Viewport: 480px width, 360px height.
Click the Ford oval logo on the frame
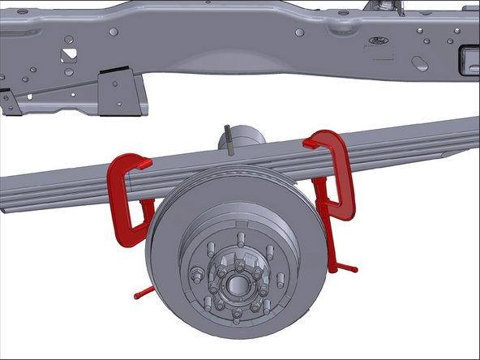377,40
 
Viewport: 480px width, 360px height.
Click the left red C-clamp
122,199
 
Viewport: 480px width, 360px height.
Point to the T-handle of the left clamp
143,291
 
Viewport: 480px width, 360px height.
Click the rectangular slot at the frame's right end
469,59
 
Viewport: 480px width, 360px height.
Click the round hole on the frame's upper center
300,32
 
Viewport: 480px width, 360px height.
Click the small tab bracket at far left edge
6,101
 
